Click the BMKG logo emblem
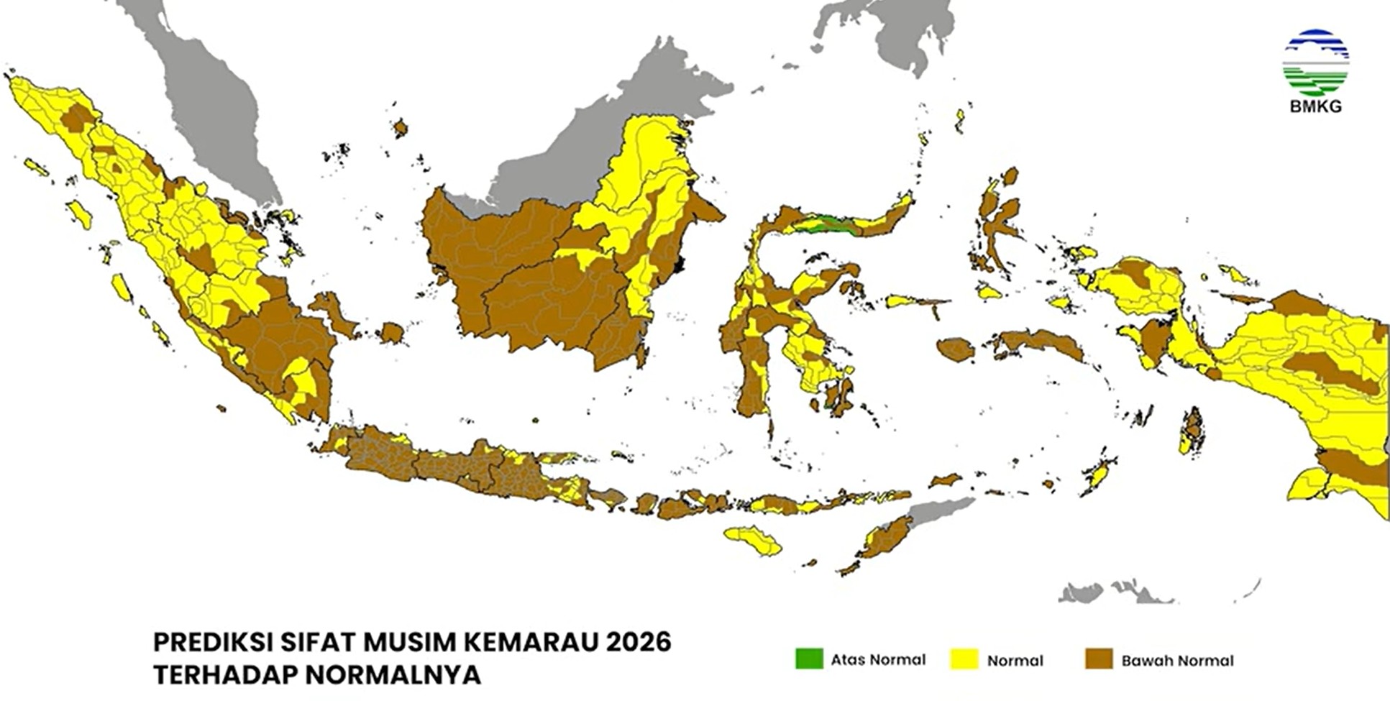click(x=1315, y=63)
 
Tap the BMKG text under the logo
click(x=1315, y=107)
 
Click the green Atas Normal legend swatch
click(x=809, y=659)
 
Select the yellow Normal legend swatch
click(x=964, y=659)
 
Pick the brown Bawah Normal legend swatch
click(x=1099, y=659)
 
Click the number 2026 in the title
click(x=639, y=641)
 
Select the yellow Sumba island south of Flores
click(x=753, y=539)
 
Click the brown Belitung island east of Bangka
click(x=392, y=333)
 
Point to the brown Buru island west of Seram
click(x=956, y=350)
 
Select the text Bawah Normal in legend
click(x=1177, y=660)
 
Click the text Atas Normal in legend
click(x=878, y=659)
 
